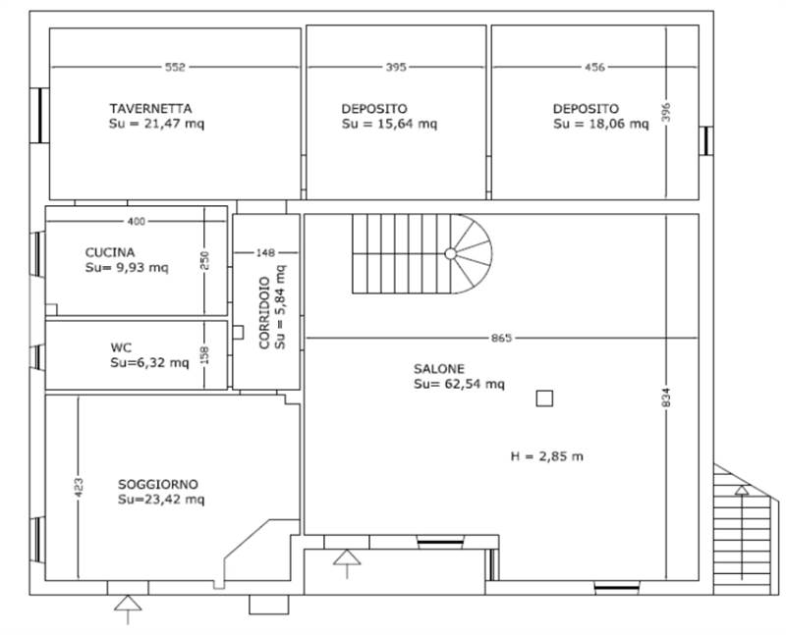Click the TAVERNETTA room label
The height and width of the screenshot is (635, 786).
click(150, 109)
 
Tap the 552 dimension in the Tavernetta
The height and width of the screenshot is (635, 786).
click(175, 67)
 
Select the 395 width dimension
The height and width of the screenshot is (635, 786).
click(396, 67)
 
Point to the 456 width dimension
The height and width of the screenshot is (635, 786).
click(595, 67)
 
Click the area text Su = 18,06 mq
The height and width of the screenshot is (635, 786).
click(600, 124)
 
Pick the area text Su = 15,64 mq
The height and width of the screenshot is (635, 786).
click(389, 124)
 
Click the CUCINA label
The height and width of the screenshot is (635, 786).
click(110, 252)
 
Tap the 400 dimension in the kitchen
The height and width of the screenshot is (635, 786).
click(137, 221)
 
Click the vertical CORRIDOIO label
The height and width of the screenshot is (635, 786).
click(264, 312)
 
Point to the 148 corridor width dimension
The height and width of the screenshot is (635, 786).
click(265, 253)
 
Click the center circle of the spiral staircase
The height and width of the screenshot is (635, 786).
click(450, 254)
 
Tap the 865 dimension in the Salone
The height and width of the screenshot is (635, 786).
click(501, 338)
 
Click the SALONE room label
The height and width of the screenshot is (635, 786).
click(438, 369)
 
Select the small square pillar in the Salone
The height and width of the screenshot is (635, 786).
click(544, 398)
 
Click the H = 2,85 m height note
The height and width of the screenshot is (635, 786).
click(546, 456)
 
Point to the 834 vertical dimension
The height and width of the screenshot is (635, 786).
click(666, 397)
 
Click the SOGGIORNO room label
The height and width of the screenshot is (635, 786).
click(158, 484)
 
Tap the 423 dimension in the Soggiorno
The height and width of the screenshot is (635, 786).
click(79, 488)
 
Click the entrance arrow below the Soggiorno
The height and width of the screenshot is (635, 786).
click(128, 609)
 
